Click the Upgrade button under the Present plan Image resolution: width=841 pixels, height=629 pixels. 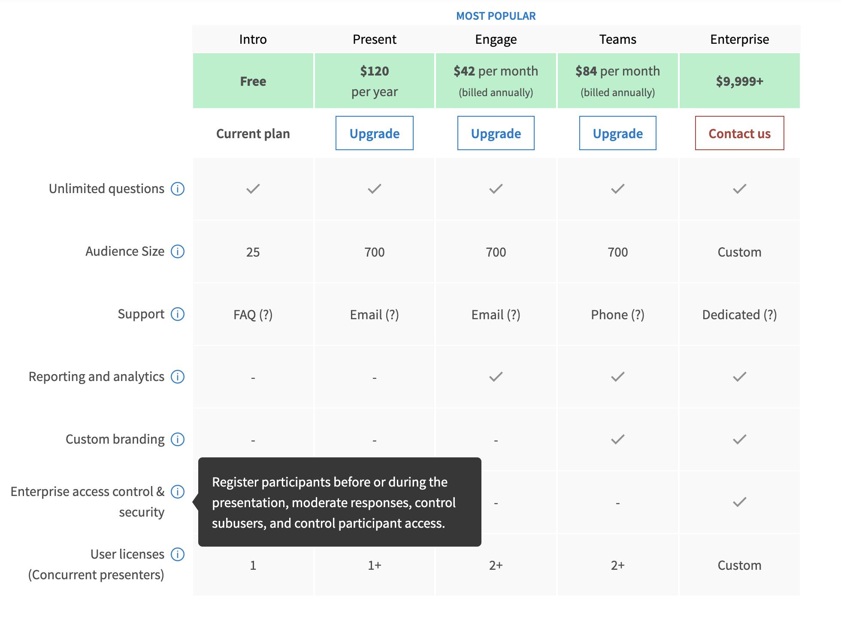point(374,133)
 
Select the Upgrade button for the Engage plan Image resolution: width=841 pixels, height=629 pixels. point(496,133)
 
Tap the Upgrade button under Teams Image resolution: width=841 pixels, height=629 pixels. point(617,133)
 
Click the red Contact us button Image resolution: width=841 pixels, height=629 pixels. point(739,133)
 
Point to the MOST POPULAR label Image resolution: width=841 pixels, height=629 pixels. point(496,16)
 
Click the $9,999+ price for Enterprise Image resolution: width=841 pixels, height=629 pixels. point(739,81)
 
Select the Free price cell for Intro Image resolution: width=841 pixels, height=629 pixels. point(253,81)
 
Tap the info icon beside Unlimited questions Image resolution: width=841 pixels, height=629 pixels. point(178,189)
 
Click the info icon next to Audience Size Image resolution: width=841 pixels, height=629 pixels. point(178,251)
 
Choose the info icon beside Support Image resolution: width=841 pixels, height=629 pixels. point(178,314)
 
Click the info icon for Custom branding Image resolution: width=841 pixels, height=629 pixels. point(178,439)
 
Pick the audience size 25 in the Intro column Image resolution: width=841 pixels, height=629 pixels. point(253,252)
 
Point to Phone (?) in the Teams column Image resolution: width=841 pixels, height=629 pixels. point(617,314)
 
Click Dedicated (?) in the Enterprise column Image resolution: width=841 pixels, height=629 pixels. point(739,314)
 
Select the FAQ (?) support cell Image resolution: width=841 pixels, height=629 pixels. point(253,314)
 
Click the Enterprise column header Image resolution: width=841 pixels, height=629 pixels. point(739,39)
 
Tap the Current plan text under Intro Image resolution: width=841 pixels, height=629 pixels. point(253,133)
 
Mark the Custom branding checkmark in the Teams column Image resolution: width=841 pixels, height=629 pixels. point(617,439)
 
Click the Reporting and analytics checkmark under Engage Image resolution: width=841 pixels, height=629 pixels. point(496,377)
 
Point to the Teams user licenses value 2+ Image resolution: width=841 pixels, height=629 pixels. point(617,565)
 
